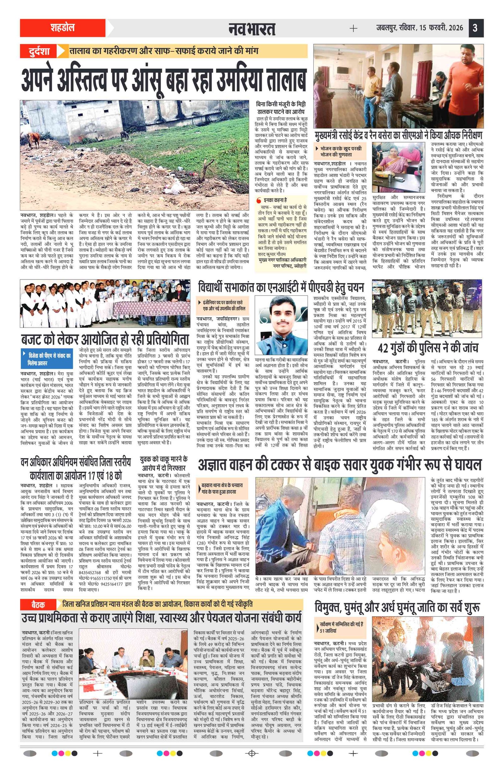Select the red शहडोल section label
click(x=62, y=28)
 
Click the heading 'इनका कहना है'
click(x=275, y=200)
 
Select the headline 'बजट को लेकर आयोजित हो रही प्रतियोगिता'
click(x=105, y=340)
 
